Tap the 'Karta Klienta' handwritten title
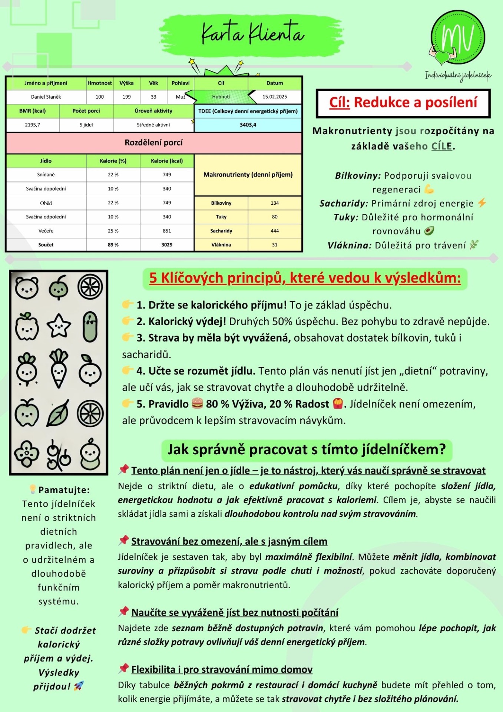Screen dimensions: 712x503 [252, 33]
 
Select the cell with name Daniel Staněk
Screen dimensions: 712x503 [46, 97]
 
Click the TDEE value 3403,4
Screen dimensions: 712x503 [248, 125]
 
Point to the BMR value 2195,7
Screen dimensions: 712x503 [33, 125]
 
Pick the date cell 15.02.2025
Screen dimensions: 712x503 [275, 97]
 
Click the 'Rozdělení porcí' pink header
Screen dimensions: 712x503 [154, 143]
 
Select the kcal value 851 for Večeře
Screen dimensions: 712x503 [167, 231]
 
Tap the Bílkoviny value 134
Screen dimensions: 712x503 [275, 203]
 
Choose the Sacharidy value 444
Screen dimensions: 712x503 [275, 231]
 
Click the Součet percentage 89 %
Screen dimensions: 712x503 [113, 245]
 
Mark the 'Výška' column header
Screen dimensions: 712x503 [126, 83]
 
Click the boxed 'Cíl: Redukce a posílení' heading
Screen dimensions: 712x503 [403, 103]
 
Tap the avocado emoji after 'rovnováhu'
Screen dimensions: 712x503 [429, 231]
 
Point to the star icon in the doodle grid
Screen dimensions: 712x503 [59, 326]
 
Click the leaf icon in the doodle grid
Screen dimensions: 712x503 [58, 413]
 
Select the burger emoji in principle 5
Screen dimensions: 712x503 [197, 403]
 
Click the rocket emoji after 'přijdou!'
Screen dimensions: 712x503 [78, 686]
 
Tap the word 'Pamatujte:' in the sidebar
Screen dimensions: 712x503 [64, 490]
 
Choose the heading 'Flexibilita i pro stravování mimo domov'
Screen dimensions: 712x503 [222, 669]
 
